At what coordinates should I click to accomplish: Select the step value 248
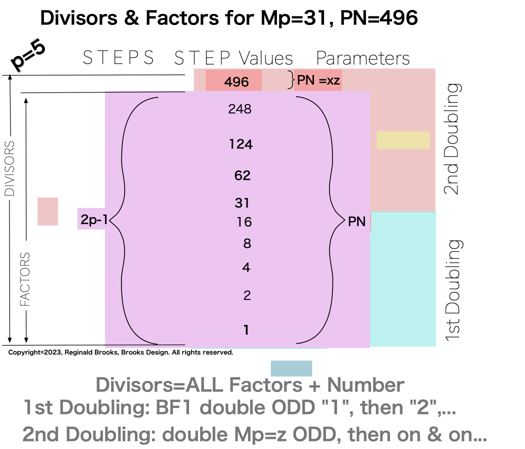pos(239,109)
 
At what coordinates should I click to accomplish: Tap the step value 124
pos(241,145)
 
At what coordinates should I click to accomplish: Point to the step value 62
pos(242,176)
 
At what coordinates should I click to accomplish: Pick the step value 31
pos(242,203)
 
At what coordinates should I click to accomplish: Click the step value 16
pos(244,222)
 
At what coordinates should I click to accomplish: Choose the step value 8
pos(246,244)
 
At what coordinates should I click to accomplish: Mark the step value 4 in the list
pos(246,268)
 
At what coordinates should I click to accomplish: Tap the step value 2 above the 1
pos(247,295)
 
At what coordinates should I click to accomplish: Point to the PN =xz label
pos(318,80)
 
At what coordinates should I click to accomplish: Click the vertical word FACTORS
pos(25,279)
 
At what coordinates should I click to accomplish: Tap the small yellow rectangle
pos(403,140)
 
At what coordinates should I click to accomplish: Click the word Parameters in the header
pos(363,58)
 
